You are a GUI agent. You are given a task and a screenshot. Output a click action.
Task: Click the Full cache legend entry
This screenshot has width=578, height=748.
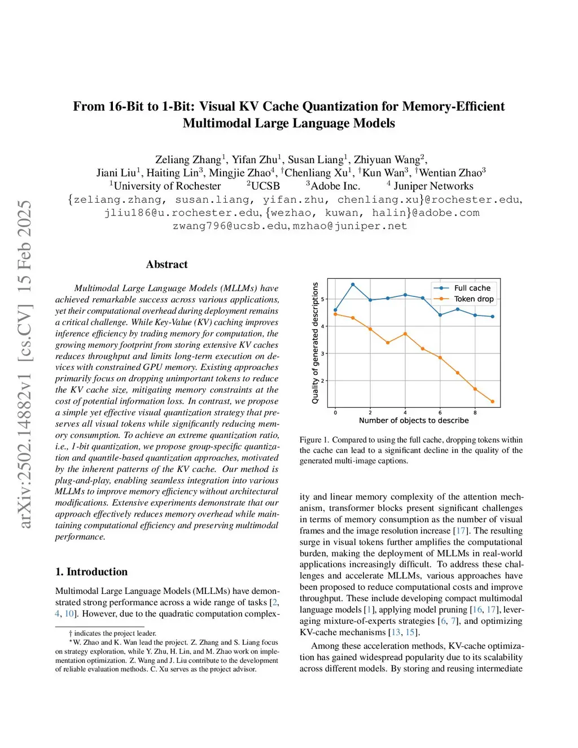point(472,288)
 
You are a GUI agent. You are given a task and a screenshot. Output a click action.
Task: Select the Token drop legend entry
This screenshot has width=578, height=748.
point(474,299)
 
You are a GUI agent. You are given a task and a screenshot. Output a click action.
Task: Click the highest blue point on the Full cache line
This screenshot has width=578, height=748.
point(353,285)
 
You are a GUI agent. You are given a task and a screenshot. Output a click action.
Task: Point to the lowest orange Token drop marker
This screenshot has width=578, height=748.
point(493,402)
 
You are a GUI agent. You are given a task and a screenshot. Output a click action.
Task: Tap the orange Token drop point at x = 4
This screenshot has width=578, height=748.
point(405,334)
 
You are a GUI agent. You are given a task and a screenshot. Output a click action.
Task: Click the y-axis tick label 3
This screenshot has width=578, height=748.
point(323,353)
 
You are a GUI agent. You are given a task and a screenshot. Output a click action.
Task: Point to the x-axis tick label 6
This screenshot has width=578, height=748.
point(440,413)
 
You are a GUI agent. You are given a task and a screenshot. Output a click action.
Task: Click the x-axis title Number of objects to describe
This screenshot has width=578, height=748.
point(414,421)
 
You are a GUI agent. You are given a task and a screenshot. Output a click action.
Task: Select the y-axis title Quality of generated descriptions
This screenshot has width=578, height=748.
point(315,343)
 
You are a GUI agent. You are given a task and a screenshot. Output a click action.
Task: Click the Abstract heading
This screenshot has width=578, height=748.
point(167,264)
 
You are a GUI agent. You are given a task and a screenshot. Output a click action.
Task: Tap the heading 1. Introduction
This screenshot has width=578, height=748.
point(91,572)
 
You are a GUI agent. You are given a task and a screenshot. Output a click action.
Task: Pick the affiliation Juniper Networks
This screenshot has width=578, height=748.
point(433,186)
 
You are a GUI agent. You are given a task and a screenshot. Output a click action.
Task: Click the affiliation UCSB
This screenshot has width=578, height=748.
point(265,186)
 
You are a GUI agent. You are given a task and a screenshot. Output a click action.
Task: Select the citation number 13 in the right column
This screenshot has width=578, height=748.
point(396,632)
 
